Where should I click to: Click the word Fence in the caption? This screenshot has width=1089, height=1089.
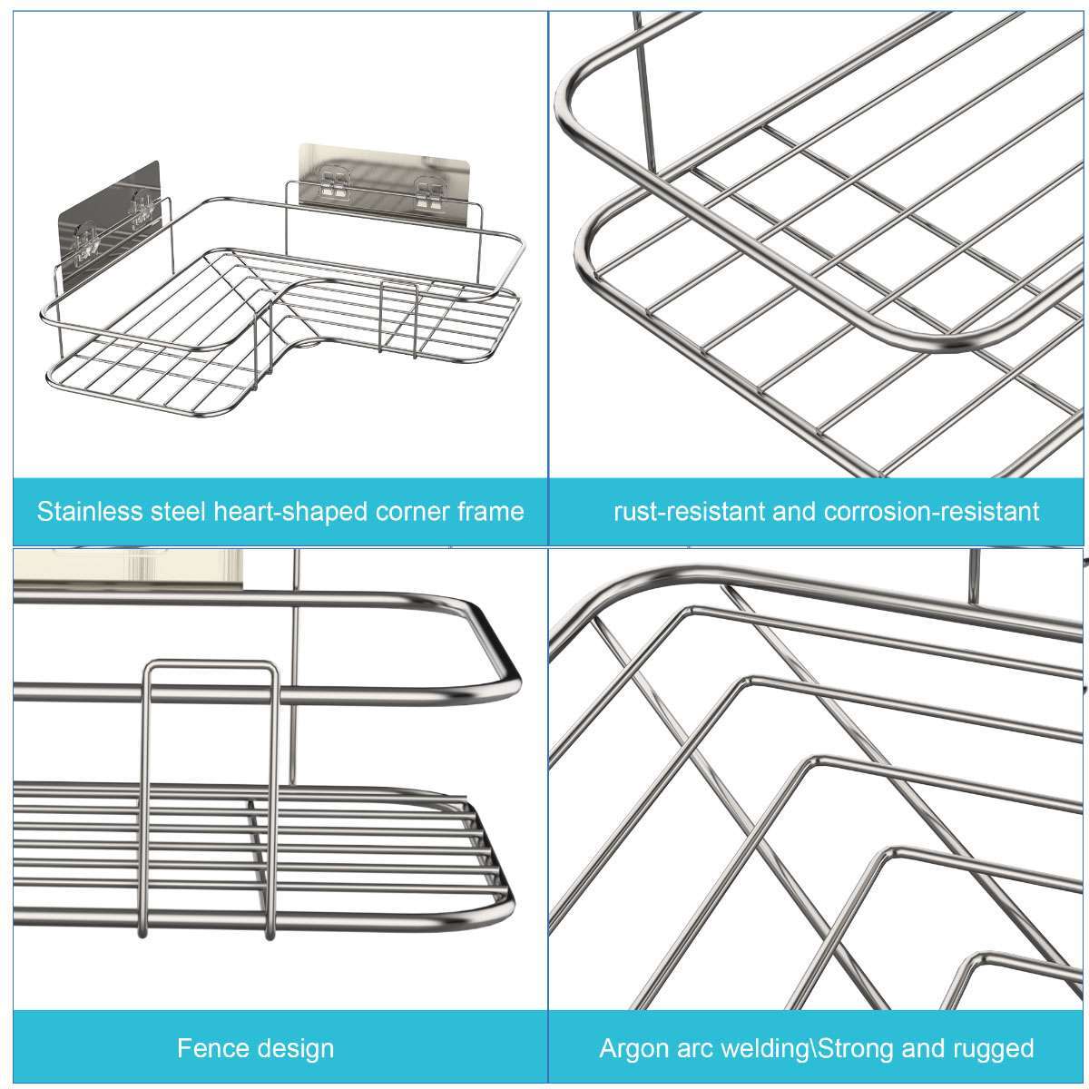[210, 1049]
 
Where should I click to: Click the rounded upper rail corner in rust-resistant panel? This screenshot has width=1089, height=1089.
[581, 91]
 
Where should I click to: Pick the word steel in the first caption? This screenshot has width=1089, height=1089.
[179, 511]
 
